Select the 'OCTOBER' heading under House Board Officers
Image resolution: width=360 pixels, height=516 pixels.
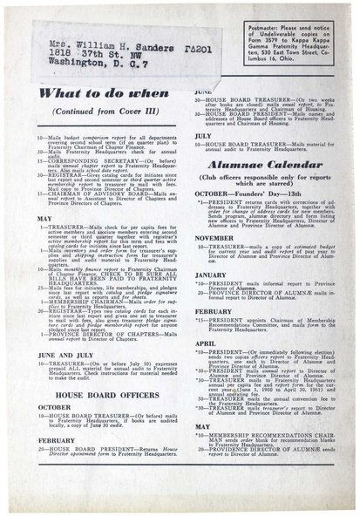(x=54, y=406)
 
